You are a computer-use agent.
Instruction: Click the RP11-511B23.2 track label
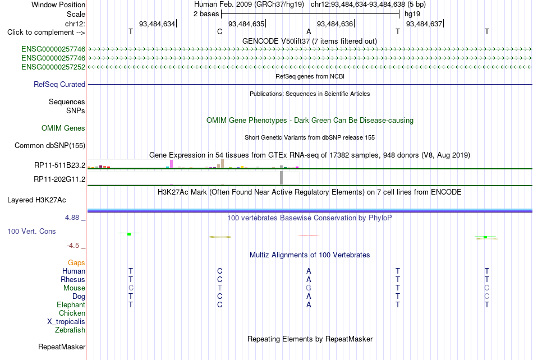[60, 165]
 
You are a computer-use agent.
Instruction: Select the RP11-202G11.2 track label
[59, 179]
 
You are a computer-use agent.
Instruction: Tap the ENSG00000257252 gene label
[53, 67]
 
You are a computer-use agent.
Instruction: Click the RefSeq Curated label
[59, 84]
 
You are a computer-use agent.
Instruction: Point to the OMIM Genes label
[63, 128]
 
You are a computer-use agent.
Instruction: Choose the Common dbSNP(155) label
[50, 145]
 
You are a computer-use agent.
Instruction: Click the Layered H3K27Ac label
[36, 200]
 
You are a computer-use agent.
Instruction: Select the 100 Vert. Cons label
[31, 231]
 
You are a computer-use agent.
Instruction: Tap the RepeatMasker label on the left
[62, 347]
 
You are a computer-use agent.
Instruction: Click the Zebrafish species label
[70, 330]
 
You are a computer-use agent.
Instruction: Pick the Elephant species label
[71, 304]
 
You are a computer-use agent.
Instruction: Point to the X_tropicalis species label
[66, 322]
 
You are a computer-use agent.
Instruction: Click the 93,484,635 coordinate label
[246, 24]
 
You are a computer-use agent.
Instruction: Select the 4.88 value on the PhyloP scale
[72, 218]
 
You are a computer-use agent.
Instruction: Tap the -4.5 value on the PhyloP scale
[73, 245]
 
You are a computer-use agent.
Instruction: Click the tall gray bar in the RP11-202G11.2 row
[282, 178]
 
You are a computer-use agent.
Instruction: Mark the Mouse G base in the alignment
[309, 288]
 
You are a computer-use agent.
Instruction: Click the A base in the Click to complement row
[309, 31]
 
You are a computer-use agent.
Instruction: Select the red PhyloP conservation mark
[309, 235]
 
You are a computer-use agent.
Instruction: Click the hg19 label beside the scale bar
[412, 14]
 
